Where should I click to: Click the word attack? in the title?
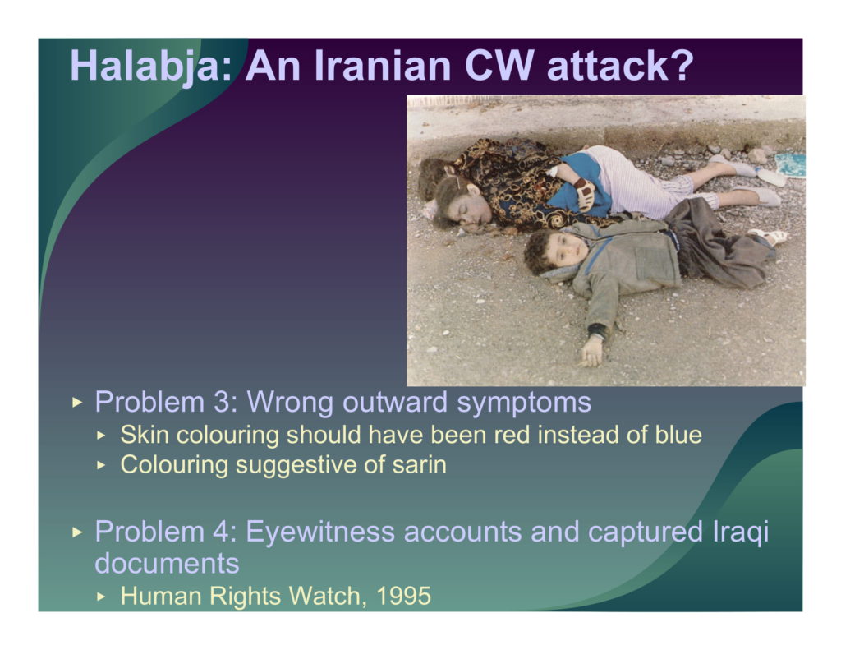(620, 66)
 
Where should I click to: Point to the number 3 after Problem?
(222, 402)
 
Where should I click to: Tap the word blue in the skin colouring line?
(678, 435)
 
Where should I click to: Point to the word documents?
(167, 563)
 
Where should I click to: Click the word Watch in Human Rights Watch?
(324, 597)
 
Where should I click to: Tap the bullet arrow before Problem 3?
(77, 402)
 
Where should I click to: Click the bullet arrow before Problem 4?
(77, 532)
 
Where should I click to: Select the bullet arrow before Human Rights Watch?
(102, 597)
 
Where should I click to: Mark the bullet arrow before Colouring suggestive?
(102, 465)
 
